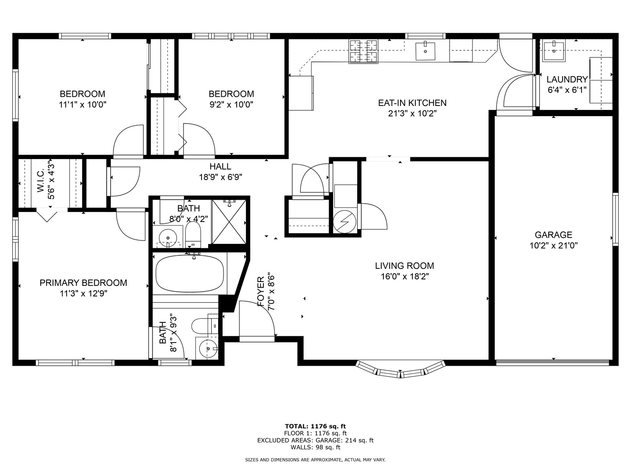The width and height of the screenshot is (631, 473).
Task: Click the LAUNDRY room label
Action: coord(567,79)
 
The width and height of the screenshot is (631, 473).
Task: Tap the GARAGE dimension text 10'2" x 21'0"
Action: coord(553,246)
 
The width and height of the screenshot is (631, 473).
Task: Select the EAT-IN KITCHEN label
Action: coord(412,103)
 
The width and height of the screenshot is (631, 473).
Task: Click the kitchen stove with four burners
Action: coord(363,51)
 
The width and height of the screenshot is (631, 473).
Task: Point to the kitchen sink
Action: coord(425,51)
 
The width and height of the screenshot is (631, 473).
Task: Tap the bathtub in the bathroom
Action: coord(190,274)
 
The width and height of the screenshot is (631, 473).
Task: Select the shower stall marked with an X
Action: coord(229,221)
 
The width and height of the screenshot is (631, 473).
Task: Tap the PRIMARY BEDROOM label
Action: coord(83,283)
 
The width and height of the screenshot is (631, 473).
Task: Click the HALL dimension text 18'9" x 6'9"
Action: coord(220,177)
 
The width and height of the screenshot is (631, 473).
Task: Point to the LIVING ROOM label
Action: coord(404,265)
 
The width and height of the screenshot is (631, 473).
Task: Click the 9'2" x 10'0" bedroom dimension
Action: coord(231,104)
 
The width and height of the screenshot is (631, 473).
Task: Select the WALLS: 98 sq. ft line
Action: coord(315,447)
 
